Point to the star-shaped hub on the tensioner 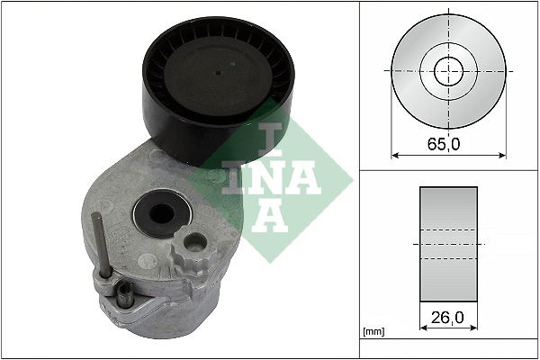(192, 245)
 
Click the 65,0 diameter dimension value (447, 143)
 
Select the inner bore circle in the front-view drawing (448, 71)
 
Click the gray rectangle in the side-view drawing (448, 242)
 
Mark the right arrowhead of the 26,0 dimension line (473, 329)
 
